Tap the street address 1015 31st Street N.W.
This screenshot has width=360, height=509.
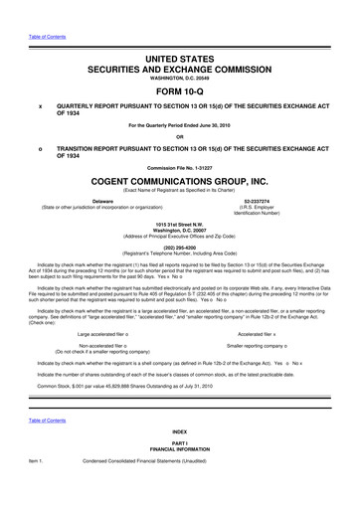point(179,222)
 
